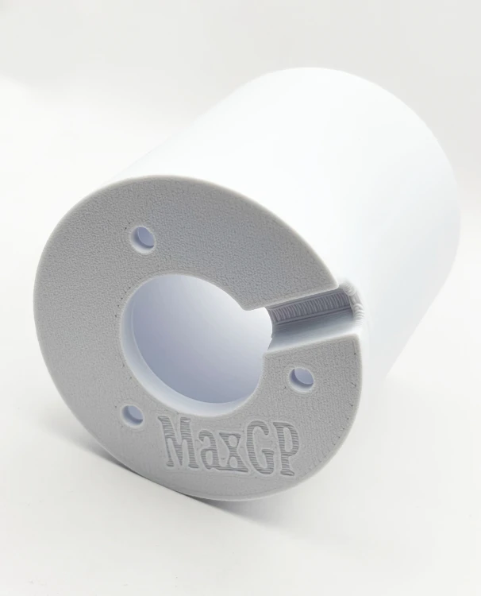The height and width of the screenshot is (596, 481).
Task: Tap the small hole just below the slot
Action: (x=301, y=379)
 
